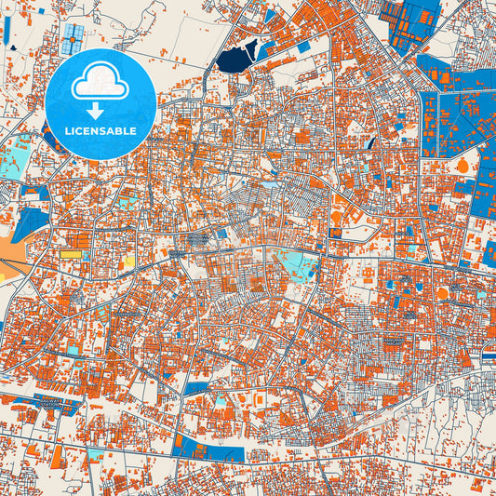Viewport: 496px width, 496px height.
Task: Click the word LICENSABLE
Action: pos(101,130)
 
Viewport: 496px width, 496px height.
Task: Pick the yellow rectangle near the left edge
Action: pos(72,252)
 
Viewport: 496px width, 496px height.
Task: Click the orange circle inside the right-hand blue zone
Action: pos(462,166)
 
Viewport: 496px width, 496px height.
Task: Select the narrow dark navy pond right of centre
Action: pos(370,143)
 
